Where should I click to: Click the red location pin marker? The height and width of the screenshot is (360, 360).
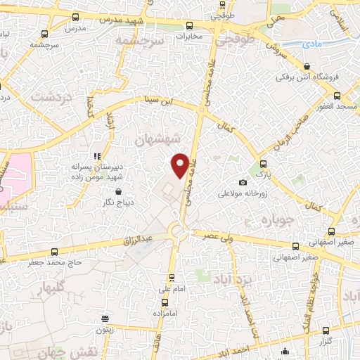click(x=181, y=165)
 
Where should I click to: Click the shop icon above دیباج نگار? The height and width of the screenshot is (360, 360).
click(x=118, y=191)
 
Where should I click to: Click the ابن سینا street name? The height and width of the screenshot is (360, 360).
click(x=157, y=101)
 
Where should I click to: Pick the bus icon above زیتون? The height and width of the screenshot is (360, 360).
click(x=105, y=318)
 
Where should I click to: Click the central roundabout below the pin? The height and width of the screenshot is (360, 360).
click(x=178, y=230)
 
